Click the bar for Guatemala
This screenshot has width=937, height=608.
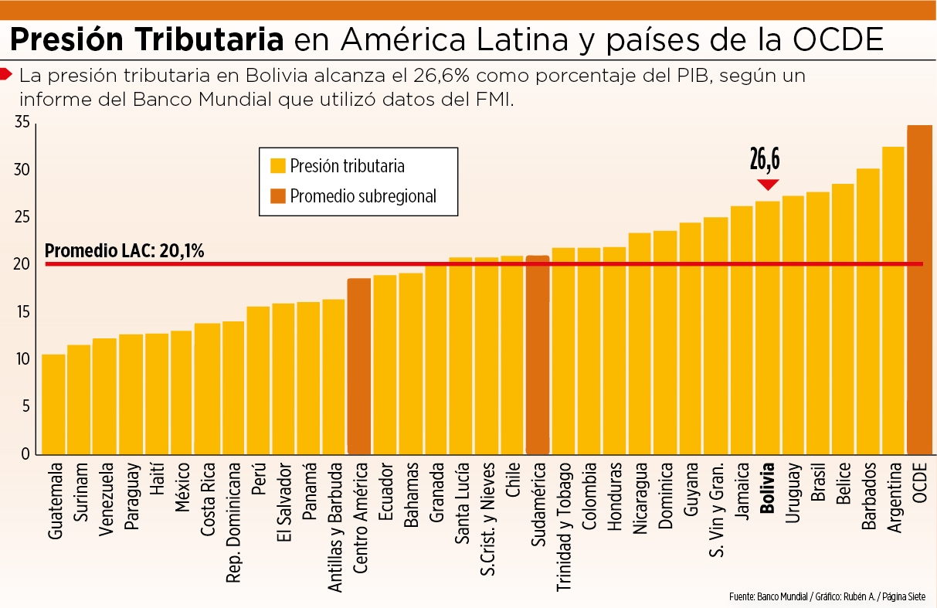tap(53, 404)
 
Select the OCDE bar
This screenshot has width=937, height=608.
tap(919, 290)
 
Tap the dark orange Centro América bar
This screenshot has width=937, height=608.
tap(359, 366)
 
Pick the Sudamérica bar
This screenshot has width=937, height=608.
tap(538, 355)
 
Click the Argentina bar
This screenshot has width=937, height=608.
tap(893, 301)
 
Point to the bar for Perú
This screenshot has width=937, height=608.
tap(258, 380)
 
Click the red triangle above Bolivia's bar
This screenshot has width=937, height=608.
tap(768, 184)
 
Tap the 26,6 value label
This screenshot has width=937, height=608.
tap(765, 159)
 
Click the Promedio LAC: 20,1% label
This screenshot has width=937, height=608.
tap(124, 250)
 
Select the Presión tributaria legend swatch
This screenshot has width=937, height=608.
tap(278, 165)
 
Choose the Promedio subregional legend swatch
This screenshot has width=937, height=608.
tap(278, 195)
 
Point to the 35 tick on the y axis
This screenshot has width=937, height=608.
tap(22, 122)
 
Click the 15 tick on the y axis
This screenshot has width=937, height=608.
tap(23, 312)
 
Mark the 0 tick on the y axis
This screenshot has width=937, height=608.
tap(25, 453)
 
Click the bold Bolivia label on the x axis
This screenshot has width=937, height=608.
tap(768, 488)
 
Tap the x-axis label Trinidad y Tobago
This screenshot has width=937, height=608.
tap(563, 527)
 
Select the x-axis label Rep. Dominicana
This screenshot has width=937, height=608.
tap(233, 523)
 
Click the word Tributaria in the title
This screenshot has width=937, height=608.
tap(209, 39)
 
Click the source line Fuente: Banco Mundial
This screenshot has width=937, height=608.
tap(769, 596)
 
